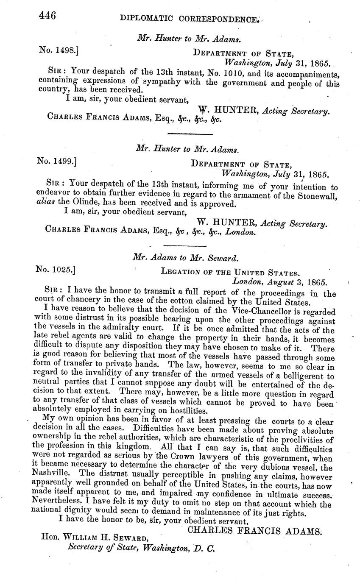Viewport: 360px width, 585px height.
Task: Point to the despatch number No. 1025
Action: [x=56, y=269]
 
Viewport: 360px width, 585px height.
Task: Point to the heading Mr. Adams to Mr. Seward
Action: [x=186, y=257]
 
